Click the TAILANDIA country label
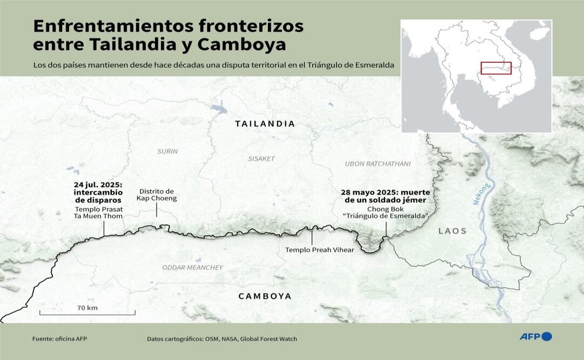tap(265, 124)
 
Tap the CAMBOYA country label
tap(265, 296)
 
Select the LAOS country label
tap(452, 231)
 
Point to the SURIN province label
tap(167, 151)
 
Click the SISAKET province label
tap(261, 159)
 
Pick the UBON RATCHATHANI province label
tap(378, 163)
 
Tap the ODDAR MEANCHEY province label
tap(192, 268)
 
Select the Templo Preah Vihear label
tap(319, 250)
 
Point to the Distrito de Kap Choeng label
tap(156, 195)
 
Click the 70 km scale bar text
tap(87, 308)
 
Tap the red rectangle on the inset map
tap(495, 68)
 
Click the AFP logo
tap(535, 337)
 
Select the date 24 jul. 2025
tap(98, 185)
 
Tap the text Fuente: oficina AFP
tap(59, 339)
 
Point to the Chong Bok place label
tap(385, 209)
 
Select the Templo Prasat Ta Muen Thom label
tap(98, 212)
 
